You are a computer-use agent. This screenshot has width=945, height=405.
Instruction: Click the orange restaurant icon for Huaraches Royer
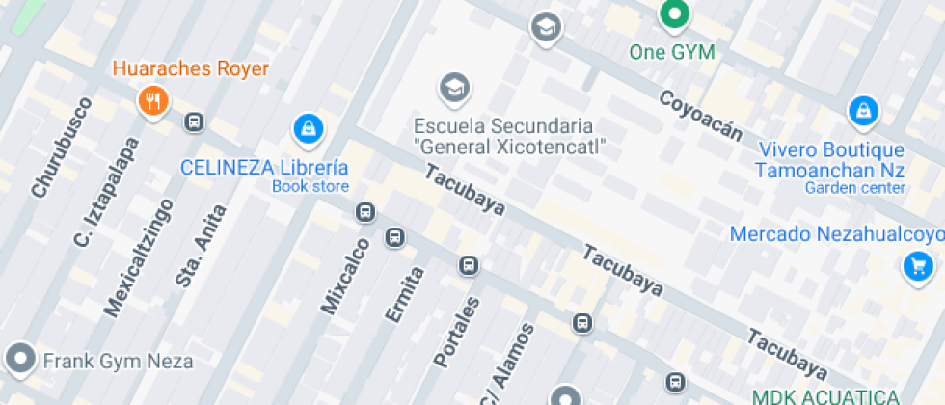tap(152, 99)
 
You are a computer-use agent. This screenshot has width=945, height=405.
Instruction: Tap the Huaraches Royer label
tap(191, 68)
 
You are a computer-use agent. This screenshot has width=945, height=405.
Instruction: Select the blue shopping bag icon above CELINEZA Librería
tap(307, 127)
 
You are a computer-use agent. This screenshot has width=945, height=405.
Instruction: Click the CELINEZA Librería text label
tap(264, 167)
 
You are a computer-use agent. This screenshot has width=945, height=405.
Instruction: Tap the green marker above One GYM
tap(673, 13)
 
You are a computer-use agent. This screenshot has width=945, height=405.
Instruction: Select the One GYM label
tap(672, 52)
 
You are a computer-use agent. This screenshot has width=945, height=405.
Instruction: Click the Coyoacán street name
tap(700, 115)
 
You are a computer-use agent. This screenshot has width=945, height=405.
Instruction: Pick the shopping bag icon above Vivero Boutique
tap(862, 112)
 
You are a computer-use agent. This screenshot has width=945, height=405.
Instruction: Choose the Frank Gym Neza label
tap(118, 362)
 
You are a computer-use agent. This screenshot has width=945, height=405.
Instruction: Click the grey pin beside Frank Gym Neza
tap(19, 359)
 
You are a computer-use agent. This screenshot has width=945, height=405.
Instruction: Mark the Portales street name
tap(456, 332)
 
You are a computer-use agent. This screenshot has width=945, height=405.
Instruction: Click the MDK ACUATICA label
tap(825, 396)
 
